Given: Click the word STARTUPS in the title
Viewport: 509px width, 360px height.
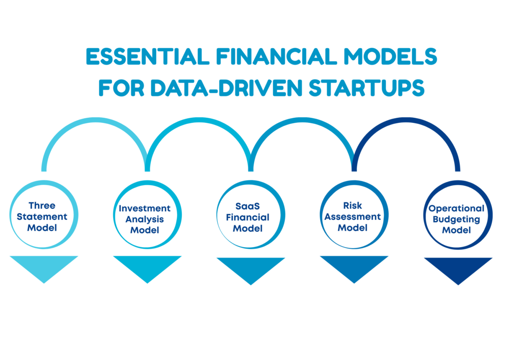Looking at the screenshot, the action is pyautogui.click(x=366, y=88).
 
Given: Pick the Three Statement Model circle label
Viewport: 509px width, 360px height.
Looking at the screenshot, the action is pyautogui.click(x=42, y=216).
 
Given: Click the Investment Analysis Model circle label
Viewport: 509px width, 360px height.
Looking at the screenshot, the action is pyautogui.click(x=145, y=219).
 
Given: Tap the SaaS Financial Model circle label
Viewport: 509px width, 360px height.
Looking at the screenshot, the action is pyautogui.click(x=248, y=217).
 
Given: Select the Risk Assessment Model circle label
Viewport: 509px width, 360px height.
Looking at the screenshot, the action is pyautogui.click(x=352, y=216).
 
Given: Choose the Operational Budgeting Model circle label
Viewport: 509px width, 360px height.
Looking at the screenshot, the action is pyautogui.click(x=456, y=219).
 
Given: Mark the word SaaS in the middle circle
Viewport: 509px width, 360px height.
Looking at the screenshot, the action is pyautogui.click(x=248, y=206).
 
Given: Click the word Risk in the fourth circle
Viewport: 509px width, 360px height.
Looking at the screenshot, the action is pyautogui.click(x=352, y=205).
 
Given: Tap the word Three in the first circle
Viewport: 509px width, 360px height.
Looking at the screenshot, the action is pyautogui.click(x=42, y=205).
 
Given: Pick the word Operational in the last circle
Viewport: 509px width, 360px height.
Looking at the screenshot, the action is pyautogui.click(x=456, y=208).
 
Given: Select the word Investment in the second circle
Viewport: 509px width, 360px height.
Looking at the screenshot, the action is pyautogui.click(x=145, y=208).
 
